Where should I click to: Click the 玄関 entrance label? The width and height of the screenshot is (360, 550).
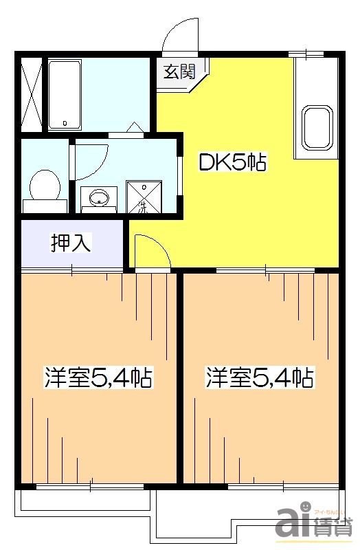click(179, 71)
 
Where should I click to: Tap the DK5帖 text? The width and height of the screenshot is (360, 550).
click(232, 163)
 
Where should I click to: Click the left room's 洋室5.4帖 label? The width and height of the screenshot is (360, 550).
click(98, 377)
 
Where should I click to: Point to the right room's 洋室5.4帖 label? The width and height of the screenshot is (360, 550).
click(260, 377)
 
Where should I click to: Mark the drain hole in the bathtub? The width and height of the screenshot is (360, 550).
click(65, 123)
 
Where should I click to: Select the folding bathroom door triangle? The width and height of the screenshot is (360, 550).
click(135, 128)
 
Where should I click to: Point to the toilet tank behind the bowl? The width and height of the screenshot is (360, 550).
click(45, 206)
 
